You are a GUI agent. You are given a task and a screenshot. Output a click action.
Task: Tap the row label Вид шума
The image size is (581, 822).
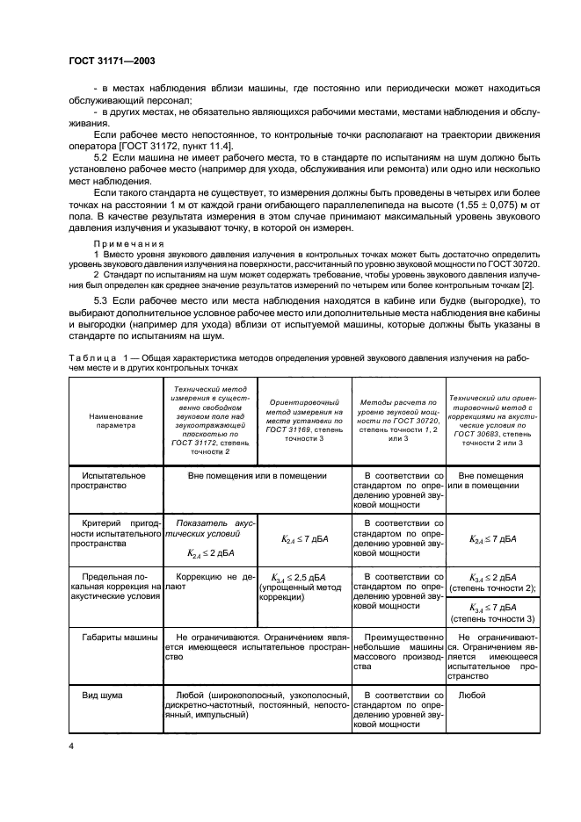(x=100, y=695)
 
